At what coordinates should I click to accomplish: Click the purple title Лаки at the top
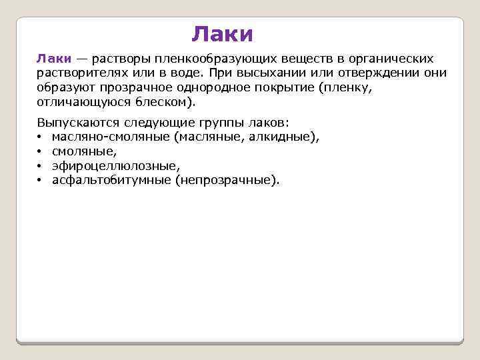click(222, 33)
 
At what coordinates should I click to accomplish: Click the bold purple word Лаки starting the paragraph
click(51, 59)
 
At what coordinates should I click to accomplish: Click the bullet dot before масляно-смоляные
click(40, 137)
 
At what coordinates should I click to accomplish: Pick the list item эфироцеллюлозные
click(115, 166)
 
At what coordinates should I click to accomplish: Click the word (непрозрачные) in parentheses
click(227, 180)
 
